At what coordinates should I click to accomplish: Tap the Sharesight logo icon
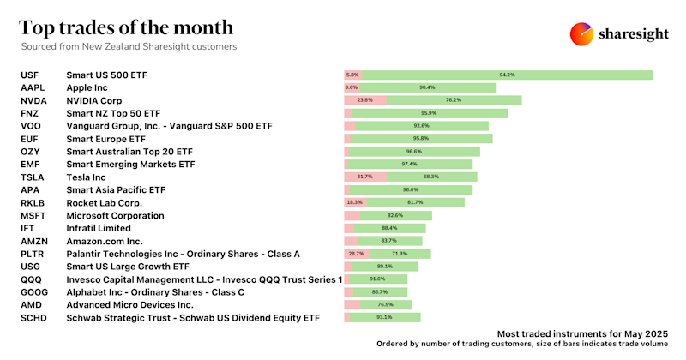tap(582, 33)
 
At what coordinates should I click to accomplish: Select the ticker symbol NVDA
tap(35, 100)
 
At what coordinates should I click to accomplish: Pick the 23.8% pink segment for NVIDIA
tap(365, 100)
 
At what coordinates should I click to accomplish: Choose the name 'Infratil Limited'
tap(99, 228)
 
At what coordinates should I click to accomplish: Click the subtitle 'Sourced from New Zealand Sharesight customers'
tap(129, 46)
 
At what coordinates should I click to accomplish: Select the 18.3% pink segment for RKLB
tap(354, 202)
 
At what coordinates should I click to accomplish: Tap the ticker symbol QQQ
tap(32, 279)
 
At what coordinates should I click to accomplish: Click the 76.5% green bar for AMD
tap(385, 304)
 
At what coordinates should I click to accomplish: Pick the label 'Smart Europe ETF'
tap(105, 138)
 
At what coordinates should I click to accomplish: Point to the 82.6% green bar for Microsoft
tap(395, 215)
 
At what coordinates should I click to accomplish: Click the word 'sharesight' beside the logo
tap(635, 33)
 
